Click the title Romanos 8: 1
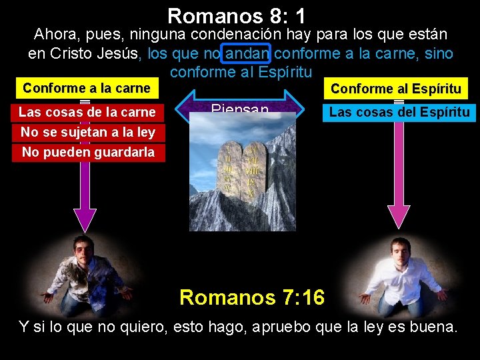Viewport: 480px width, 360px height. tap(237, 15)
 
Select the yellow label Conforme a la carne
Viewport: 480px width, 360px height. tap(87, 88)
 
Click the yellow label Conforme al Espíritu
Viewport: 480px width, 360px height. tap(396, 89)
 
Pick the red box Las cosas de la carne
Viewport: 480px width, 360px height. tap(87, 112)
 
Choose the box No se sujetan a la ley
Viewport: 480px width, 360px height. tap(87, 132)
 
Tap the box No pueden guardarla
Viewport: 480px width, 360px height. tap(87, 152)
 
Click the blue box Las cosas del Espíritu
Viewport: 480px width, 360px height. tap(399, 112)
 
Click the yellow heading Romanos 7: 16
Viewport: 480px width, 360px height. tap(252, 297)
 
